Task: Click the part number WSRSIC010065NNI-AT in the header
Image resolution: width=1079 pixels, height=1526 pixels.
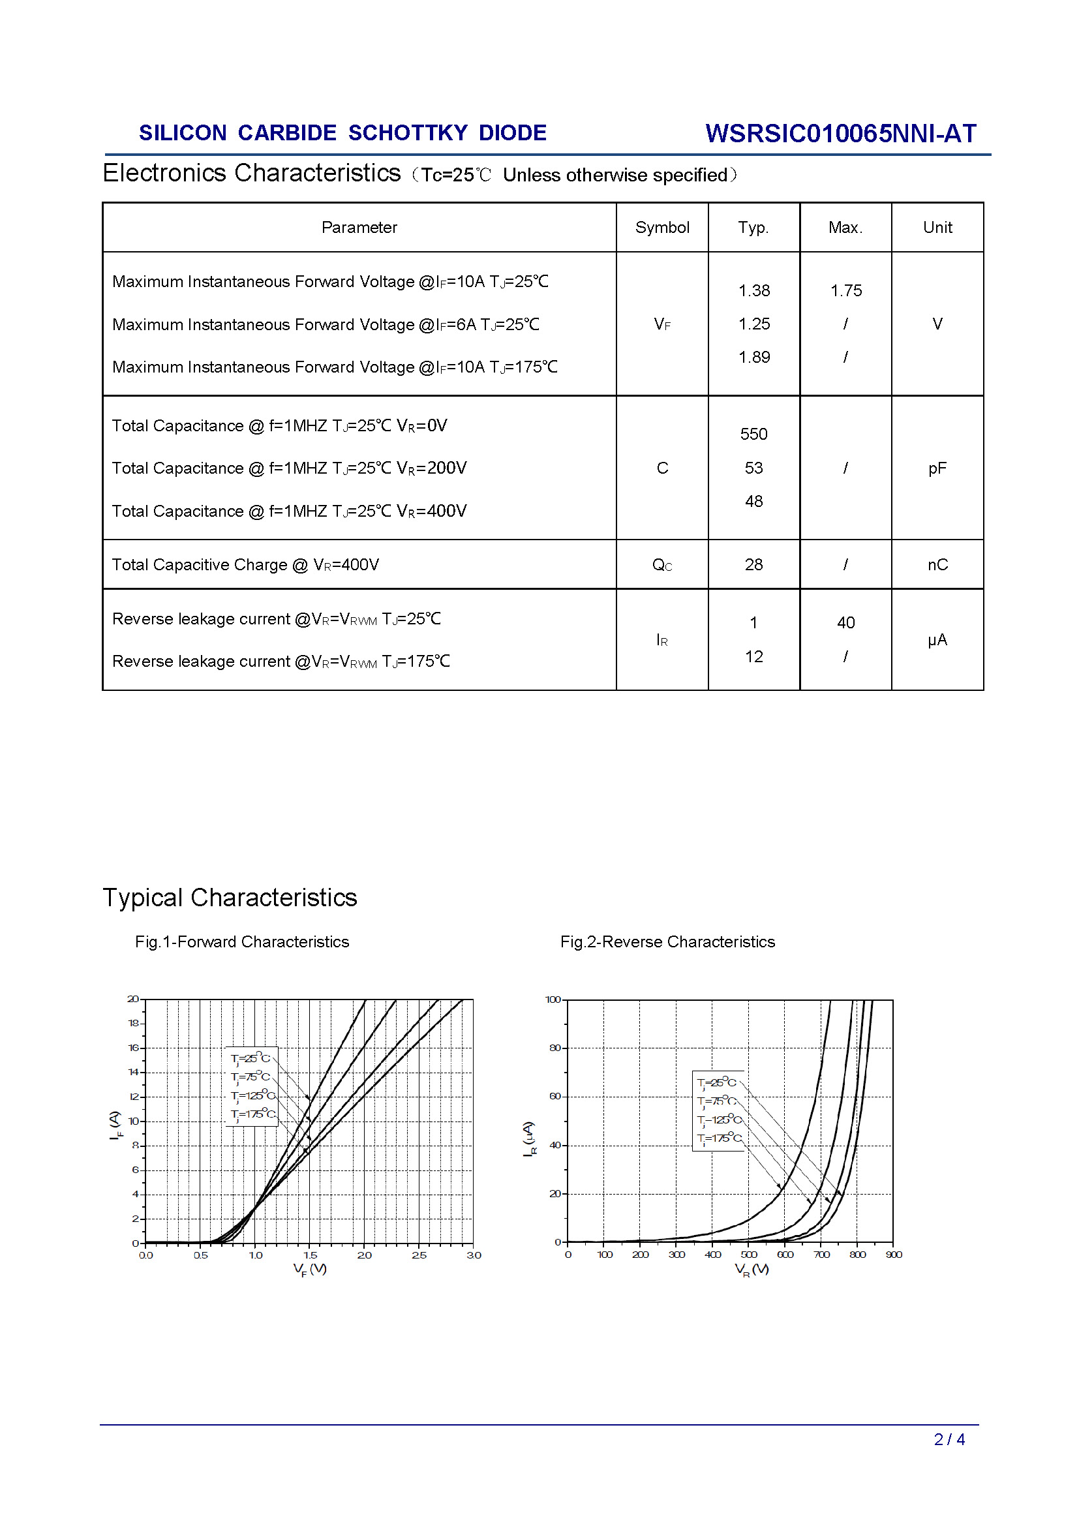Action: tap(840, 134)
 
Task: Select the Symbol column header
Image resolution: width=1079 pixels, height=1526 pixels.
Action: tap(661, 227)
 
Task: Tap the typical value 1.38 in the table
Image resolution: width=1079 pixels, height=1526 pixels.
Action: tap(753, 290)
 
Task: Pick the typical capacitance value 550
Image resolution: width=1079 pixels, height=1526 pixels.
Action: tap(753, 434)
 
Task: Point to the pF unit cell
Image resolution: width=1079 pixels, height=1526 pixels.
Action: tap(937, 468)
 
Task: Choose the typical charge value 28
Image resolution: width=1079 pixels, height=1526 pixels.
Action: tap(753, 564)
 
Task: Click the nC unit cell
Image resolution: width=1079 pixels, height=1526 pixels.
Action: tap(937, 564)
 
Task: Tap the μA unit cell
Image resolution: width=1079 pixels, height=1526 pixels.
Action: tap(937, 640)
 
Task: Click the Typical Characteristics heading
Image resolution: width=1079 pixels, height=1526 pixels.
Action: tap(229, 897)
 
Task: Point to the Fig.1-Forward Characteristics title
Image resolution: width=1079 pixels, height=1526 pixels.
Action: tap(242, 942)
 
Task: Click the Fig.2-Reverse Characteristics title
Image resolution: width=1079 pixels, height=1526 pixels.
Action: tap(667, 942)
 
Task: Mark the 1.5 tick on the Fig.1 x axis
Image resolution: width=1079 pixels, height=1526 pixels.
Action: tap(310, 1255)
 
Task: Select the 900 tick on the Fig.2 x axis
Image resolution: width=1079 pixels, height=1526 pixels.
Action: tap(894, 1255)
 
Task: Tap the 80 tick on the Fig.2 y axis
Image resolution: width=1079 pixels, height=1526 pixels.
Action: tap(555, 1048)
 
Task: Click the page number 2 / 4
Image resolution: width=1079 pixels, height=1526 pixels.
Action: tap(949, 1439)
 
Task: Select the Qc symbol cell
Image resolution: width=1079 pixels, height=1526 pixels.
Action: tap(661, 565)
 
